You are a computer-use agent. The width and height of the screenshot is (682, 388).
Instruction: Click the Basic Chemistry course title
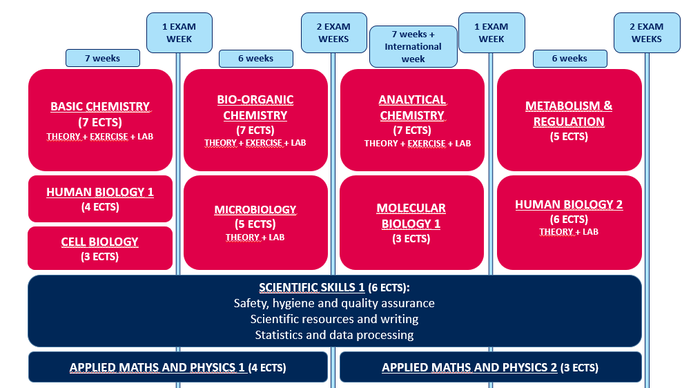pyautogui.click(x=100, y=106)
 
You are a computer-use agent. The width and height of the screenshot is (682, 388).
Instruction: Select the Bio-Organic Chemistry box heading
pyautogui.click(x=255, y=108)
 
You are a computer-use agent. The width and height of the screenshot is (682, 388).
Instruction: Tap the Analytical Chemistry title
pyautogui.click(x=412, y=108)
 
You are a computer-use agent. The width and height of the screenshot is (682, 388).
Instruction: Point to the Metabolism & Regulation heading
pyautogui.click(x=569, y=113)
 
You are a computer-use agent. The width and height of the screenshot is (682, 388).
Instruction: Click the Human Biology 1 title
pyautogui.click(x=100, y=192)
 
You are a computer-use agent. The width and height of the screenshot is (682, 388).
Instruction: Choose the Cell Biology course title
pyautogui.click(x=99, y=242)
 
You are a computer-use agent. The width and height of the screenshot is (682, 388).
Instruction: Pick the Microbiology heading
pyautogui.click(x=255, y=210)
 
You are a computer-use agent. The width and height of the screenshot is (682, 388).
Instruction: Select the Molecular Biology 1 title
pyautogui.click(x=411, y=216)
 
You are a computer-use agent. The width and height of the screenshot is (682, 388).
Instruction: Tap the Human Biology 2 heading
pyautogui.click(x=569, y=204)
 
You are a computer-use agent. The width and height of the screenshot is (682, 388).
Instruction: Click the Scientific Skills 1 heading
pyautogui.click(x=312, y=287)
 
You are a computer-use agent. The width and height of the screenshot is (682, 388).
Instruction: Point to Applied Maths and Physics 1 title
pyautogui.click(x=157, y=367)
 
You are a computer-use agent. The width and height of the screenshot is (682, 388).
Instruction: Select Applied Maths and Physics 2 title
pyautogui.click(x=469, y=367)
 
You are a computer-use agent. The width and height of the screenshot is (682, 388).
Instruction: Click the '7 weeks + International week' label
pyautogui.click(x=413, y=46)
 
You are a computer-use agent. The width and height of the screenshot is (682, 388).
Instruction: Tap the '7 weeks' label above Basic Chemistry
pyautogui.click(x=103, y=58)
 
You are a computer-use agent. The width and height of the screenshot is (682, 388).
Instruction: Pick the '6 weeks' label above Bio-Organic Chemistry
pyautogui.click(x=255, y=58)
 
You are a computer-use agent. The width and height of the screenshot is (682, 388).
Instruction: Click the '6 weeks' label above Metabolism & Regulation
pyautogui.click(x=569, y=58)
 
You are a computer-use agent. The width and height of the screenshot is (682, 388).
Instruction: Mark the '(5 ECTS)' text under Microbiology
pyautogui.click(x=255, y=224)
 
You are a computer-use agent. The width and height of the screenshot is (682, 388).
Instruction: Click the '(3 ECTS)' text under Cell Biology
pyautogui.click(x=99, y=257)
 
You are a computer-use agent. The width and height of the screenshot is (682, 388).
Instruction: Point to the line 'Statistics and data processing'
pyautogui.click(x=334, y=335)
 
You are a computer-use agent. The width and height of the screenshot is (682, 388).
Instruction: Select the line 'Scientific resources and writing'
pyautogui.click(x=334, y=319)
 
